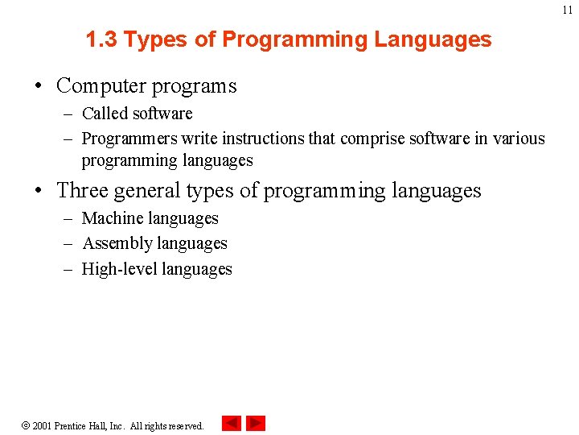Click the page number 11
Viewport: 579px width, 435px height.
(x=568, y=10)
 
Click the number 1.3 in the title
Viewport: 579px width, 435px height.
(x=101, y=39)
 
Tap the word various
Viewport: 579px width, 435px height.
(x=519, y=139)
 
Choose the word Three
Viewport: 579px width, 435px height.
(x=82, y=190)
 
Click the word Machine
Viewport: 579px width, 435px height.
(x=113, y=218)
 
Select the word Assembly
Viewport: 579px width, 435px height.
(x=117, y=243)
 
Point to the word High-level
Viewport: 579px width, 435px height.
(x=119, y=269)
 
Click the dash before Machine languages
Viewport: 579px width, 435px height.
(x=70, y=218)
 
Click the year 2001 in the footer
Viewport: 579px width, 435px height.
(x=42, y=425)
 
